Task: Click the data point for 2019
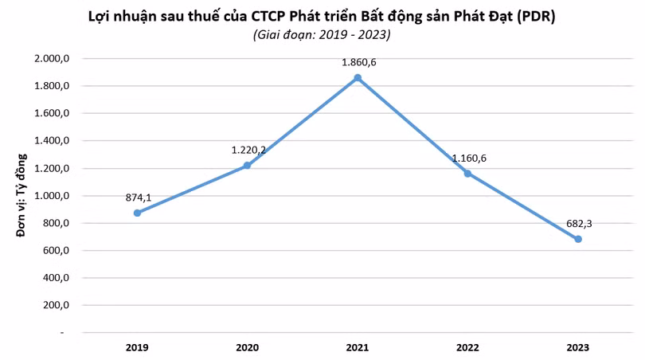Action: point(137,213)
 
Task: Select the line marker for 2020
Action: point(247,166)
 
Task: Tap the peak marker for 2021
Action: point(358,77)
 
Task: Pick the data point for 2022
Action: point(468,173)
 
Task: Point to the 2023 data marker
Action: point(578,239)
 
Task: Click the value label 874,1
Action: point(139,197)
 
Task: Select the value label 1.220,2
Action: point(248,150)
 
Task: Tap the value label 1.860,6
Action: point(358,61)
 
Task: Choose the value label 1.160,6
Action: point(469,158)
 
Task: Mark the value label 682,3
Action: point(578,224)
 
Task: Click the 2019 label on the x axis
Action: point(137,347)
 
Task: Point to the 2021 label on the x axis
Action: point(358,347)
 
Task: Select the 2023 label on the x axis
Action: point(578,347)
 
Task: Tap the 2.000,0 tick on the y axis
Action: point(53,58)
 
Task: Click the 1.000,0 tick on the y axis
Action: point(53,196)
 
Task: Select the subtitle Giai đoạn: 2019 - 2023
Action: point(322,35)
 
